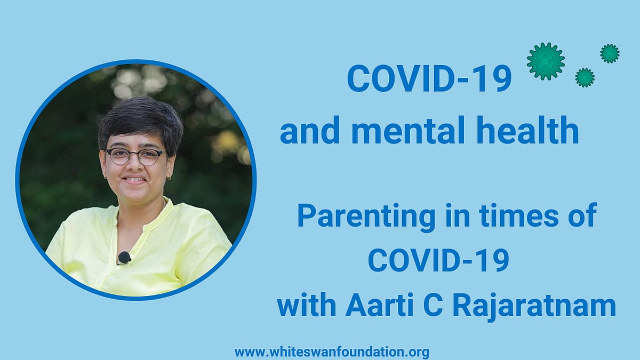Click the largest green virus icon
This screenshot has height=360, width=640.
click(546, 61)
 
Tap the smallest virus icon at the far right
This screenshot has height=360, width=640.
click(610, 53)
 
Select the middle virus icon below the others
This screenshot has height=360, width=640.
click(585, 77)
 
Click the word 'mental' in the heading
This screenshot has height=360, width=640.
click(407, 131)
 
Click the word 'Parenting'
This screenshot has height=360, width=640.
click(366, 217)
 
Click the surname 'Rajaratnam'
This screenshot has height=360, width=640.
click(534, 305)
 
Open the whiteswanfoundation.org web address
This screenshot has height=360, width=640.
click(332, 352)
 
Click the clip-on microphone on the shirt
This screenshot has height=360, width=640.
click(124, 258)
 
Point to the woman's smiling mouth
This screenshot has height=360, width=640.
click(134, 180)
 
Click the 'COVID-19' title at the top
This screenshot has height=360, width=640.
click(429, 78)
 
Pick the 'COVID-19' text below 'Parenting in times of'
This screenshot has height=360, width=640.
click(438, 260)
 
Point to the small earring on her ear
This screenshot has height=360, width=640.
click(170, 178)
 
